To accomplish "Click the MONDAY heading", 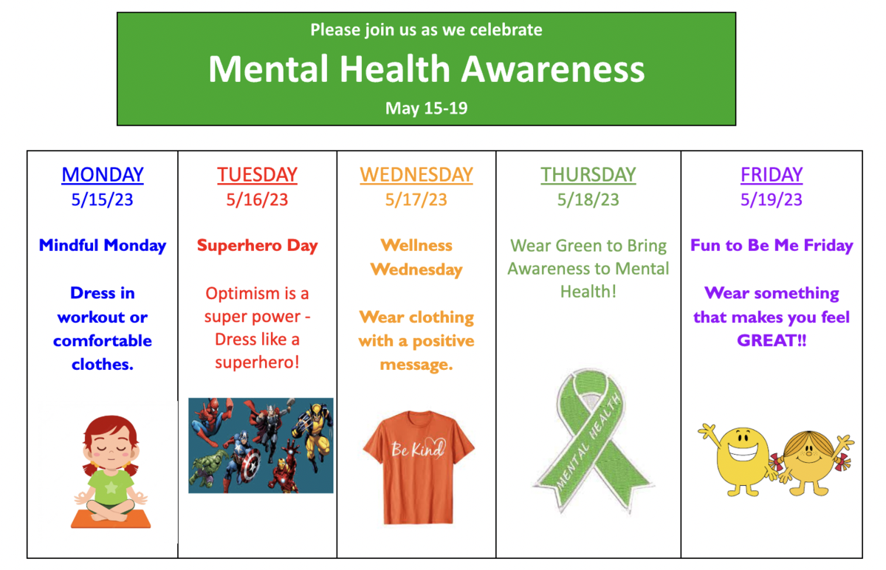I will click(103, 175).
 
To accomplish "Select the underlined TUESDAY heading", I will click(257, 175).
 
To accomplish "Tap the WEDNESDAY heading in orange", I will click(416, 175).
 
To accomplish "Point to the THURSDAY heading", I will click(588, 175).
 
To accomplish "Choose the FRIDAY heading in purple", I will click(772, 175).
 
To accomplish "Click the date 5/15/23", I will click(103, 199).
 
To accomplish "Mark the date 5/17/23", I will click(416, 199).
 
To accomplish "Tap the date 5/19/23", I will click(772, 199).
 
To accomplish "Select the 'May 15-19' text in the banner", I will click(426, 109).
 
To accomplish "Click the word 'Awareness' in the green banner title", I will click(553, 69).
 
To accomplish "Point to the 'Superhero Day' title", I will click(257, 246).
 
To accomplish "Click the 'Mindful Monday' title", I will click(103, 246).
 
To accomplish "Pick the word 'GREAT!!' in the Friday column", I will click(772, 341).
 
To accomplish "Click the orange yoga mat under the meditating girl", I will click(111, 519).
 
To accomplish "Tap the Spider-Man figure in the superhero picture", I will click(208, 421).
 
